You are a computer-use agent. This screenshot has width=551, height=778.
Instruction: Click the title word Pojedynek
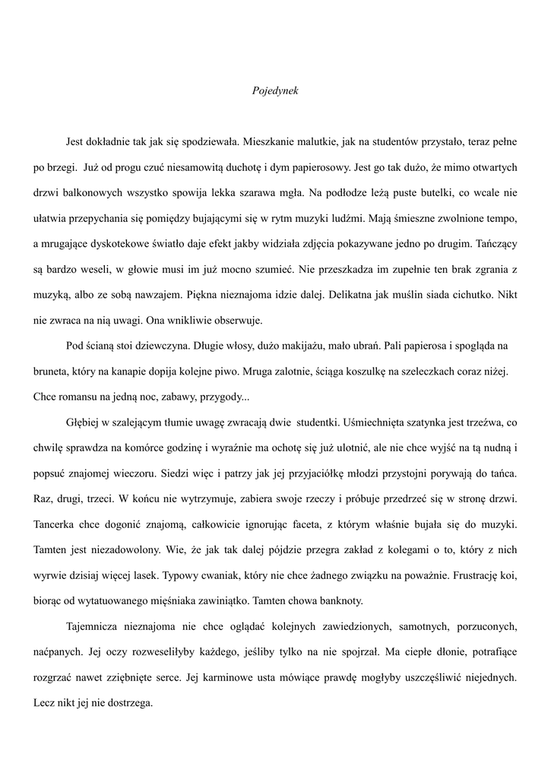tap(275, 90)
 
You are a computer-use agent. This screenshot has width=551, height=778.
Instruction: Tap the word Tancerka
tap(56, 524)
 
